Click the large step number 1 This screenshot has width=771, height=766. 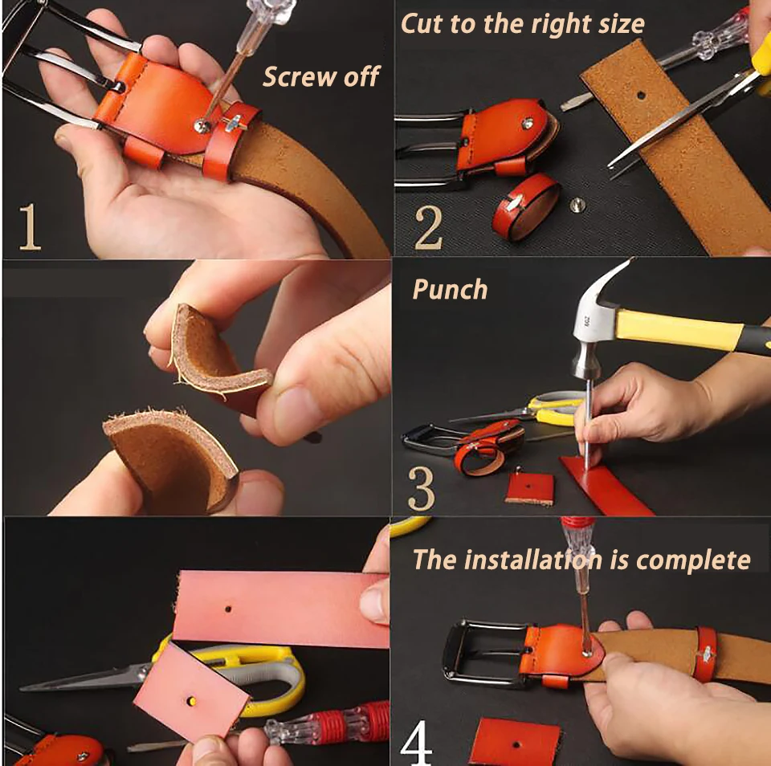30,226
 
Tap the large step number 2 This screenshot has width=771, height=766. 429,228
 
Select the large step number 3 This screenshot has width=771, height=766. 422,488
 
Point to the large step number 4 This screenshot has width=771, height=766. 416,743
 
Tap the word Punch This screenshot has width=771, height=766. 450,289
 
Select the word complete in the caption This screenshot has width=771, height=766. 693,561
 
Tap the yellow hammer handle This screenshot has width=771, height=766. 679,329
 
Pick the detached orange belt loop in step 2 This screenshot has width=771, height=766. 525,206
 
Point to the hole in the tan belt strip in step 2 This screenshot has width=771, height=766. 641,95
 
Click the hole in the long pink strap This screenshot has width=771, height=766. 228,609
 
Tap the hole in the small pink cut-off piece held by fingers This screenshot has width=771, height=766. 191,700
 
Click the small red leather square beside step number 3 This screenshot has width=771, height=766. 529,488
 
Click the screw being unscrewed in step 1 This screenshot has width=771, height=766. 201,127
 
